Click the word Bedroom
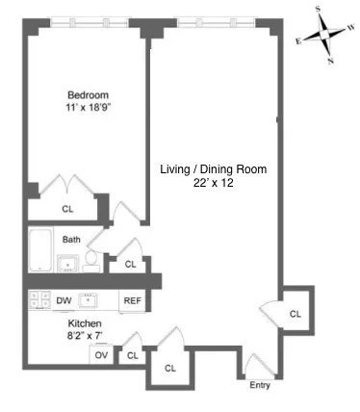87,94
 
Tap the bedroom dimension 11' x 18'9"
87,109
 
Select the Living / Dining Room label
213,168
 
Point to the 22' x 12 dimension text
213,183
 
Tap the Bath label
71,240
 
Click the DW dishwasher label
64,301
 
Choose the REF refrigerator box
131,301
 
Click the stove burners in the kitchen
39,299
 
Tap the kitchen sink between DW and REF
90,299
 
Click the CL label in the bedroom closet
67,207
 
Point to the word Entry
260,386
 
